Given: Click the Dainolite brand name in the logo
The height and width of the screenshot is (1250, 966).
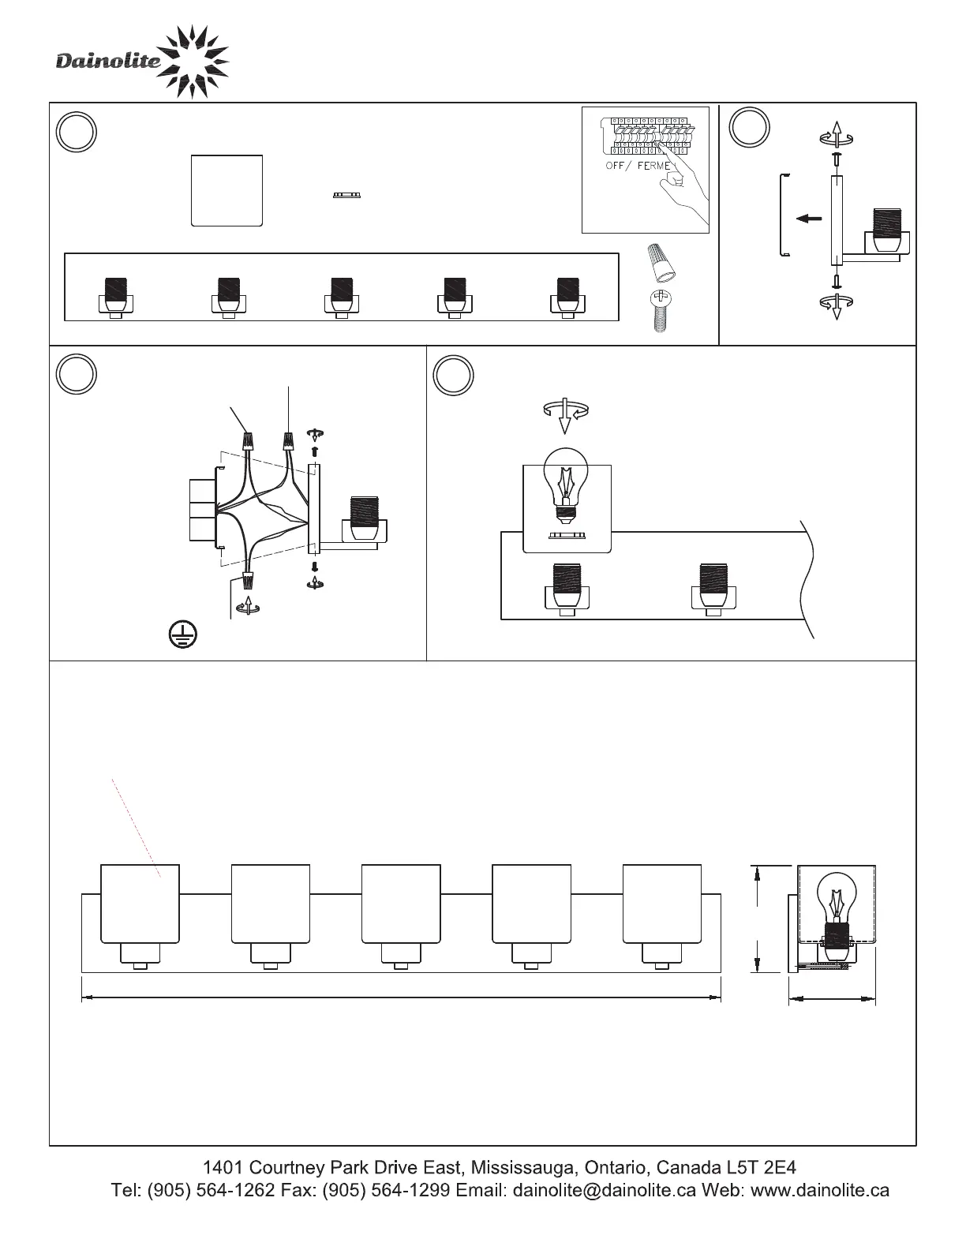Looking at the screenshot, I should click(x=108, y=62).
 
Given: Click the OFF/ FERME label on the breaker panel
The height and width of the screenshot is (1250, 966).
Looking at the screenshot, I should click(x=638, y=167).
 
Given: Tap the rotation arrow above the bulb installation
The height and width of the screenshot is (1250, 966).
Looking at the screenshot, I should click(x=565, y=414).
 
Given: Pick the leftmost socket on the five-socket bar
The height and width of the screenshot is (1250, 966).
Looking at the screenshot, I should click(x=115, y=298).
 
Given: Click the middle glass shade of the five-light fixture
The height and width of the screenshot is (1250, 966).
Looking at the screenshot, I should click(x=400, y=904).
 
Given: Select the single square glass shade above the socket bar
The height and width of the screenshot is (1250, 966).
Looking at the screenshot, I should click(x=227, y=191).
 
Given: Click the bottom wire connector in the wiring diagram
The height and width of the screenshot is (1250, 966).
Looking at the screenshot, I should click(x=248, y=581).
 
